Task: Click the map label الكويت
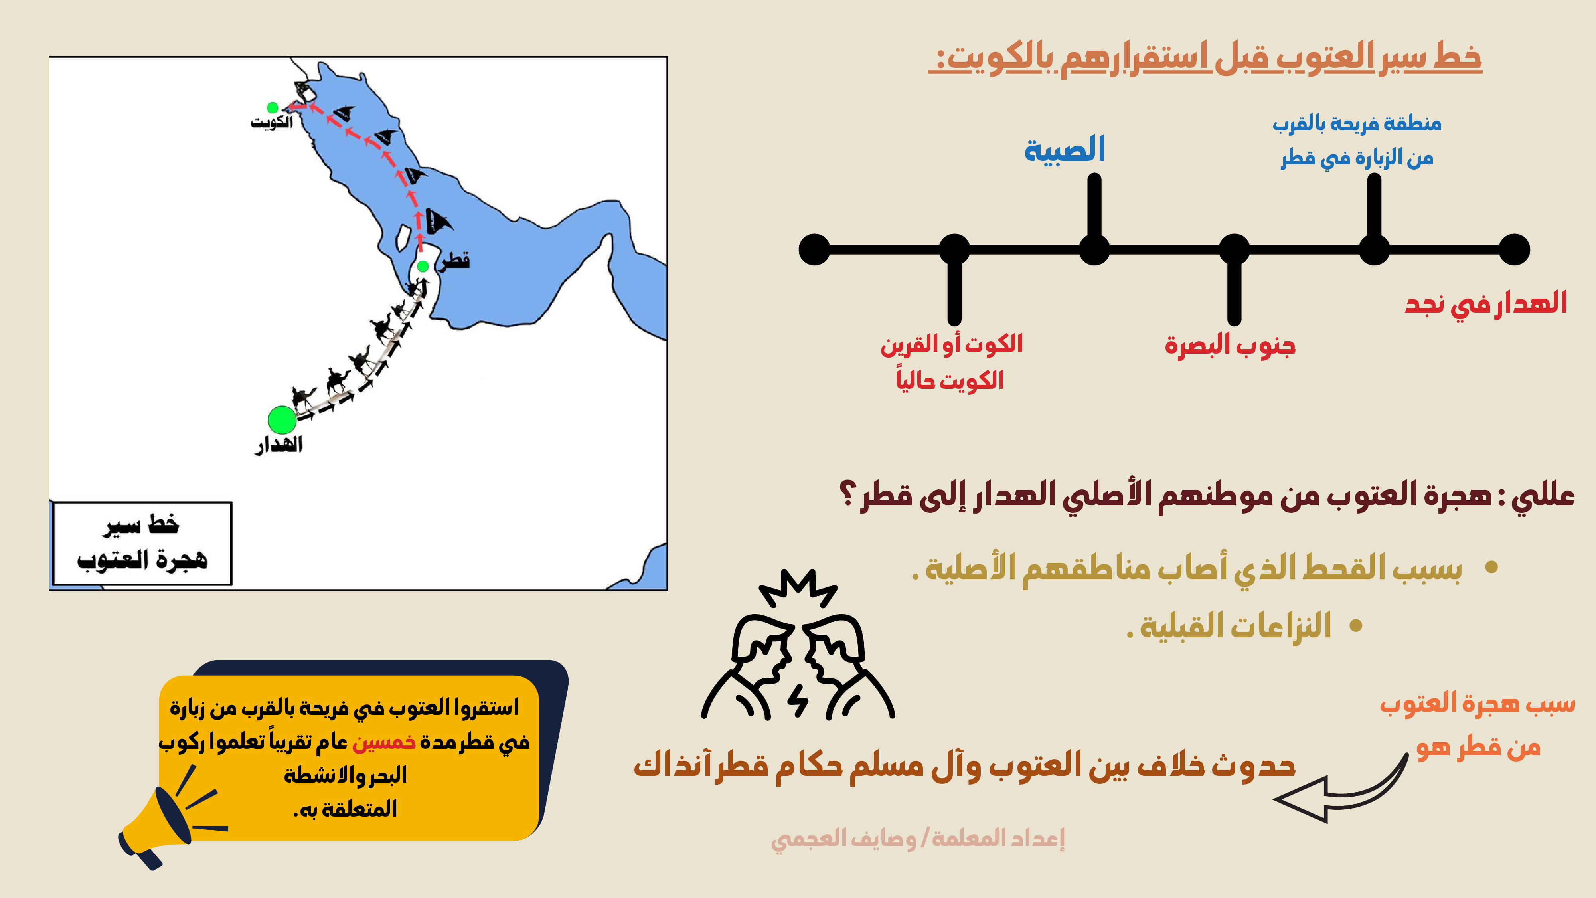click(271, 122)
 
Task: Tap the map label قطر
click(455, 261)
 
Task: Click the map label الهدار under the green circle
click(279, 445)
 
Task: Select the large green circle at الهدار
click(282, 420)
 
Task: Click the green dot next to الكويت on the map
click(272, 108)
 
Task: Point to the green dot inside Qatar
click(423, 267)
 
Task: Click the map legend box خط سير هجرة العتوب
click(142, 544)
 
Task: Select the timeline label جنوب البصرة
click(1230, 345)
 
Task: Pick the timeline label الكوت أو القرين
click(952, 344)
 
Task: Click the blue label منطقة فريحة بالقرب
click(1357, 124)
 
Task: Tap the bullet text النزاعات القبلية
click(1229, 626)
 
